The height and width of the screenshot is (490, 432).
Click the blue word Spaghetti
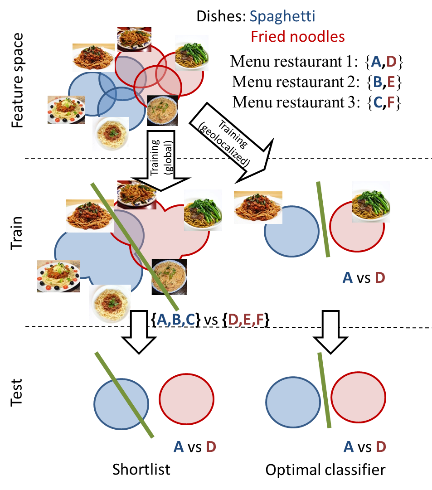pos(282,17)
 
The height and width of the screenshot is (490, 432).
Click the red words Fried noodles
pos(298,36)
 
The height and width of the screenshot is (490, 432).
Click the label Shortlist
pos(141,470)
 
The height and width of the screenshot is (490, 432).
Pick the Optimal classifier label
pos(325,470)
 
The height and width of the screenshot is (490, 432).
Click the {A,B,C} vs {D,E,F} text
pos(209,320)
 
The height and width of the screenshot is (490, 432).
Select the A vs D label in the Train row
pos(364,277)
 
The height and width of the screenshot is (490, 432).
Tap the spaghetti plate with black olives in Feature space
pos(66,110)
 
